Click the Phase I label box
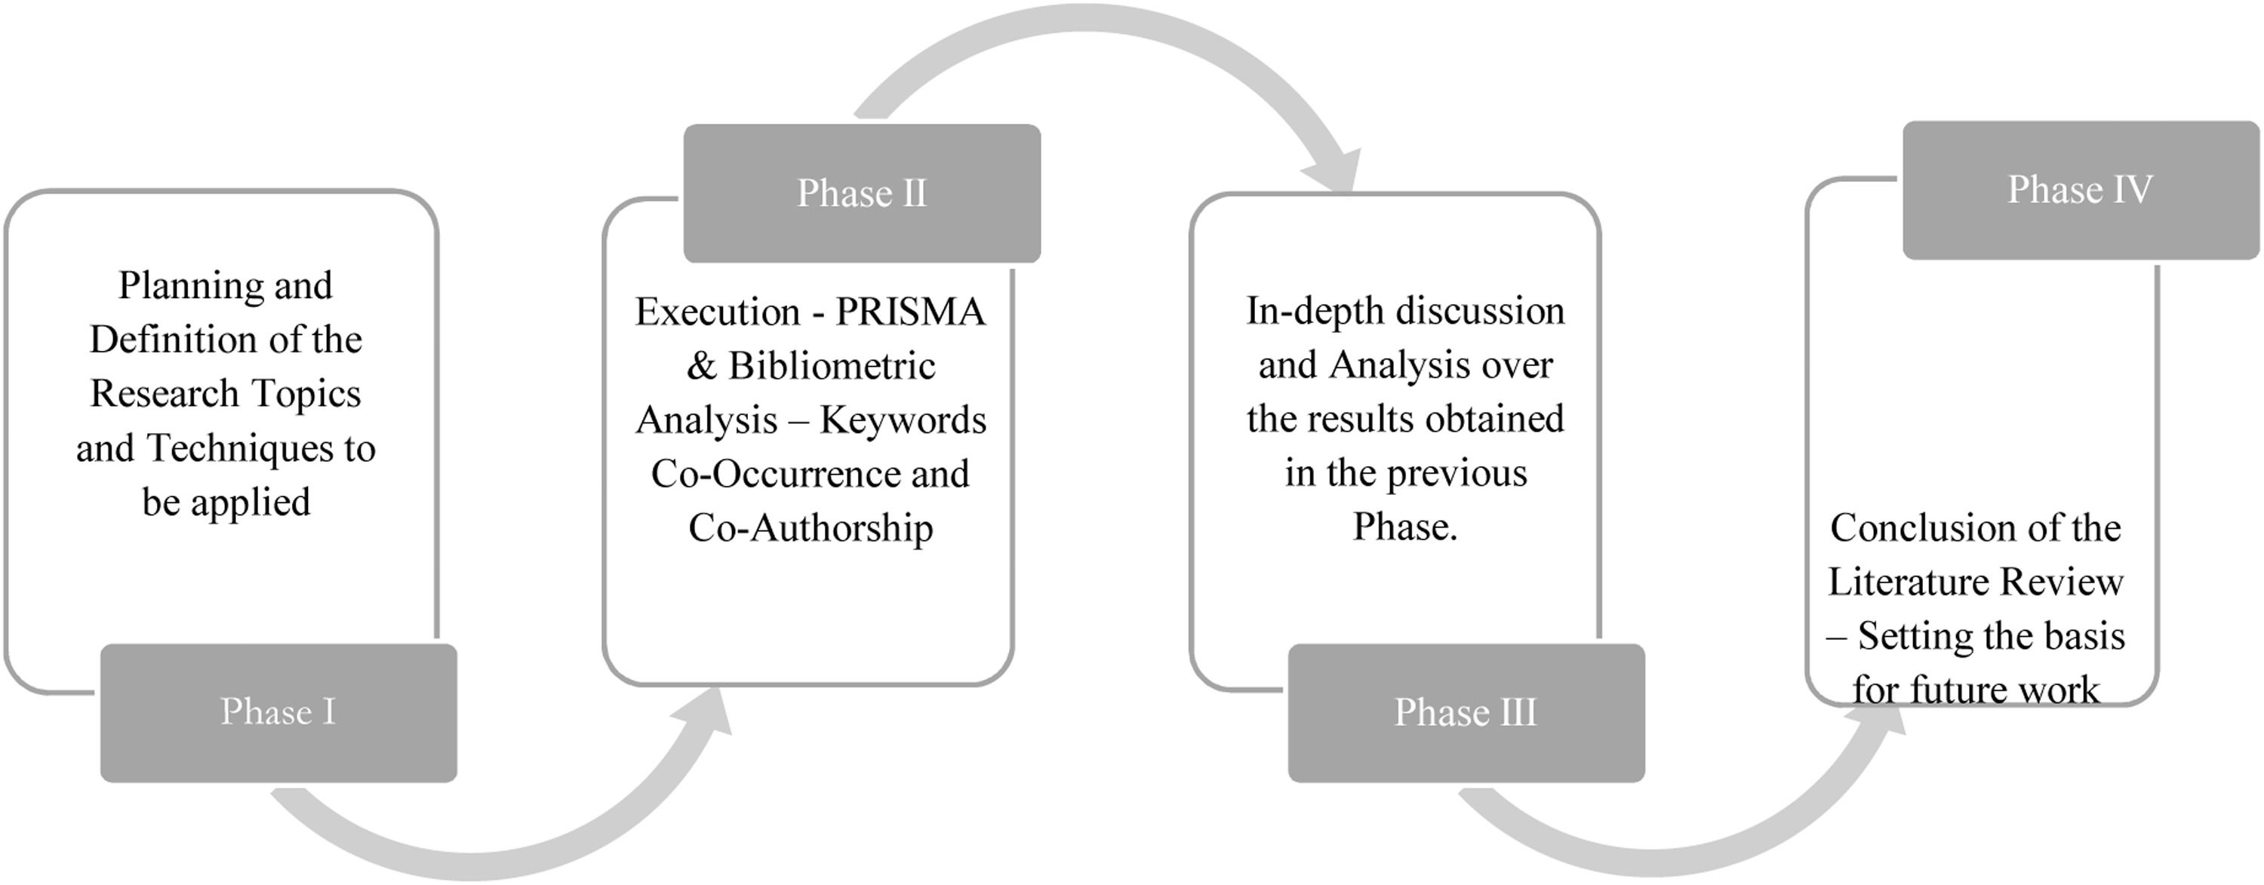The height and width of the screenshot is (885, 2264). [278, 713]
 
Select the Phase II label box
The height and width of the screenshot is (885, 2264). [862, 193]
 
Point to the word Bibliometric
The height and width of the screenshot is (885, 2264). [832, 367]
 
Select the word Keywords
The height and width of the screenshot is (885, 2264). [903, 420]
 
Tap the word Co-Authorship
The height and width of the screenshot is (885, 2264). [811, 528]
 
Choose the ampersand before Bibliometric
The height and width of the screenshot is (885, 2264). [701, 367]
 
